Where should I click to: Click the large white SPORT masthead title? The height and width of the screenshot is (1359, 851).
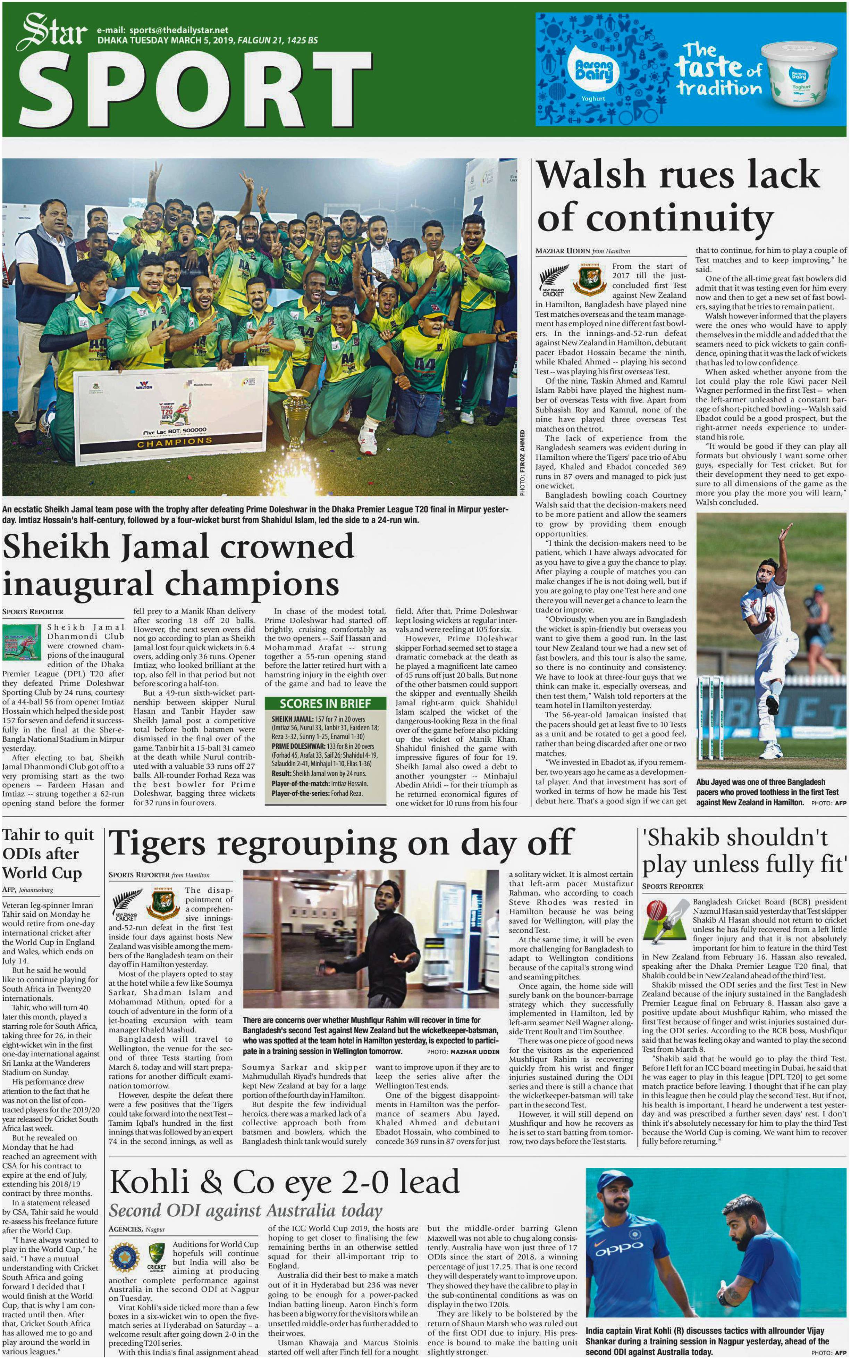click(194, 90)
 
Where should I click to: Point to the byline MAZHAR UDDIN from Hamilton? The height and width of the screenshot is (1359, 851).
click(582, 251)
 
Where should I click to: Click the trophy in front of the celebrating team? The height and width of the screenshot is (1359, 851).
click(297, 414)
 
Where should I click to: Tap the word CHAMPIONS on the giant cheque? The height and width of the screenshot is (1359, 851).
click(175, 442)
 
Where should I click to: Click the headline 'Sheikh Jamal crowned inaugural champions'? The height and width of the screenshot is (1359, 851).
click(178, 565)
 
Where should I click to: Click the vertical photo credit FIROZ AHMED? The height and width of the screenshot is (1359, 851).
click(522, 463)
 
